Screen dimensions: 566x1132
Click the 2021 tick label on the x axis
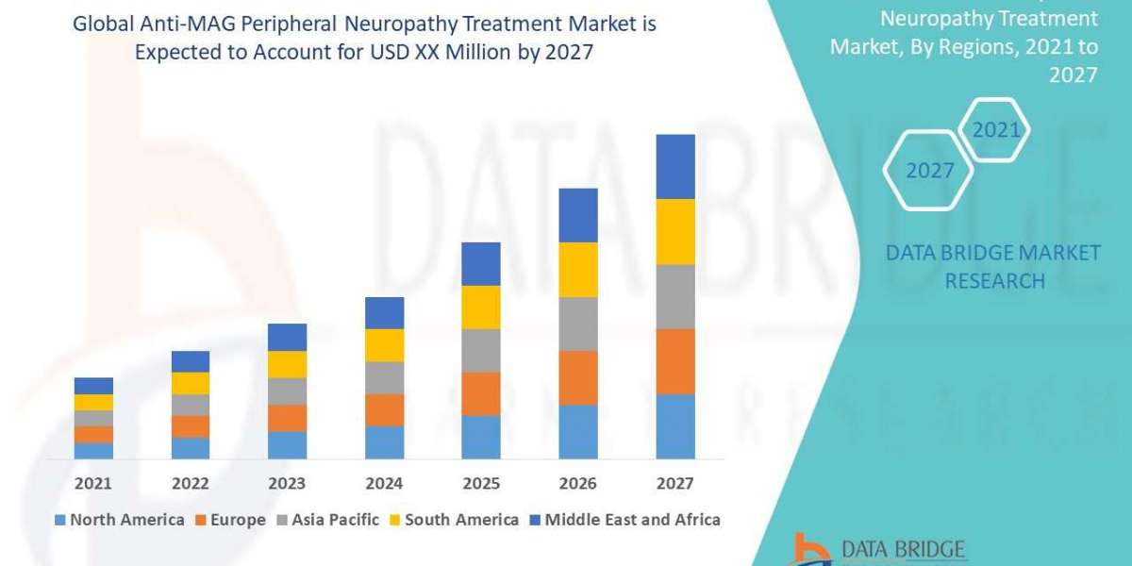tap(92, 484)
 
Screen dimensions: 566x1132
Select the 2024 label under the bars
tap(384, 484)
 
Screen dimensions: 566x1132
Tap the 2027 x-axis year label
tap(674, 484)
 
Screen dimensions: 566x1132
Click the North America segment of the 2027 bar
tap(675, 426)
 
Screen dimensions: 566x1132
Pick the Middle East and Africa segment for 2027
tap(675, 166)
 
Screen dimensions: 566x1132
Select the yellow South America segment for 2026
tap(578, 270)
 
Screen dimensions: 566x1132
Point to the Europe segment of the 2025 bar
tap(481, 393)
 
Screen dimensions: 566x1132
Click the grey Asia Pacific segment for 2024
tap(384, 377)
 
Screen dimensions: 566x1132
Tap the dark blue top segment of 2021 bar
tap(93, 385)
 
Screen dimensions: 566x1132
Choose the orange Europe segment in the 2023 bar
tap(287, 418)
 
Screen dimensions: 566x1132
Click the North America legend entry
tap(120, 520)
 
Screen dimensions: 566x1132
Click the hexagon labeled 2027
tap(929, 171)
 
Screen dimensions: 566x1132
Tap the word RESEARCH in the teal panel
tap(994, 281)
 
